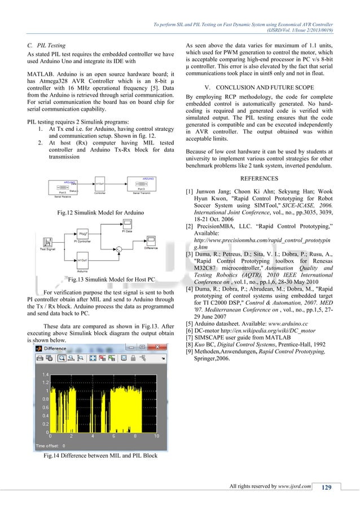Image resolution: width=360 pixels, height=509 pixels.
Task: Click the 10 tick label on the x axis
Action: point(156,436)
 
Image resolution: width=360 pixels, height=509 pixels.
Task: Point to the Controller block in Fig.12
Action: point(100,185)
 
